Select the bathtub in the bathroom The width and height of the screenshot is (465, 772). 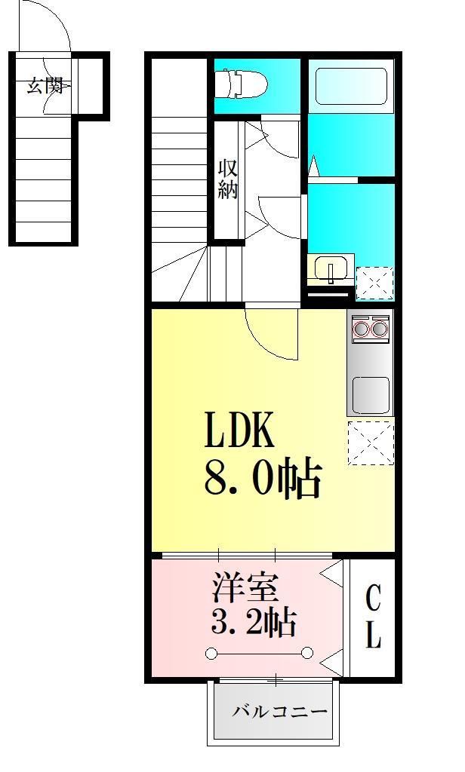(351, 87)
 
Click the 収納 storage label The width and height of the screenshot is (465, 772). (228, 179)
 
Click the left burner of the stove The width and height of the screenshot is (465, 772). (361, 329)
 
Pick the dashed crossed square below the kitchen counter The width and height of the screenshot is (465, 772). (371, 443)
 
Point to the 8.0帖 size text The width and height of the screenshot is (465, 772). (262, 478)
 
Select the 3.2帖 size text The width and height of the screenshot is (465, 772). (252, 623)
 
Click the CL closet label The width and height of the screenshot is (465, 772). (373, 617)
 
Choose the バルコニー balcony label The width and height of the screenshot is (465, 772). (279, 711)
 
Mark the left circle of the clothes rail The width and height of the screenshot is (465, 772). (212, 653)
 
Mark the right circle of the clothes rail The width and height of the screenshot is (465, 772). (308, 653)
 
